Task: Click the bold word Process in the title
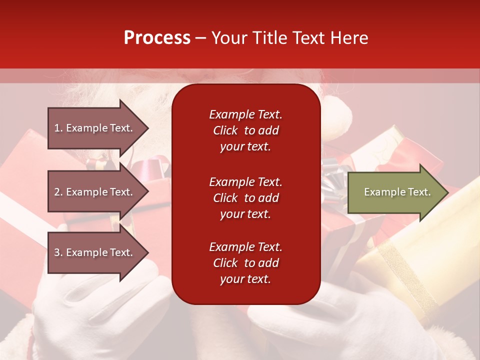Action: click(157, 38)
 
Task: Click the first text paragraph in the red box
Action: click(245, 130)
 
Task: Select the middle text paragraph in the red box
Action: click(245, 198)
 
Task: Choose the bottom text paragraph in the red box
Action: click(245, 263)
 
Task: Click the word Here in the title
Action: click(350, 38)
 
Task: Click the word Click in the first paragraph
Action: click(225, 130)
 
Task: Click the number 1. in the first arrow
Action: click(58, 128)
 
